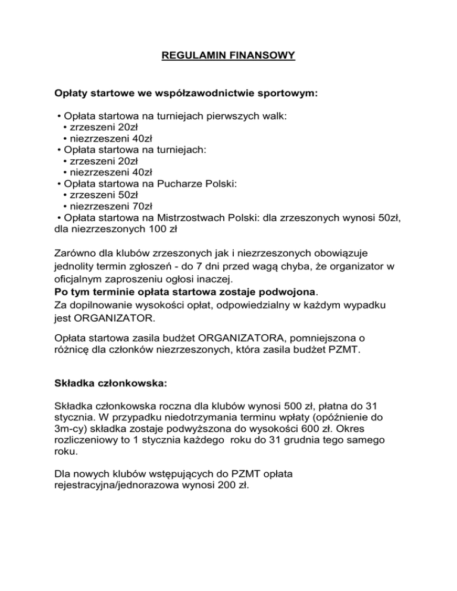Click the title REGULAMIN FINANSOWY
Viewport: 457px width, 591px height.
228,57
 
